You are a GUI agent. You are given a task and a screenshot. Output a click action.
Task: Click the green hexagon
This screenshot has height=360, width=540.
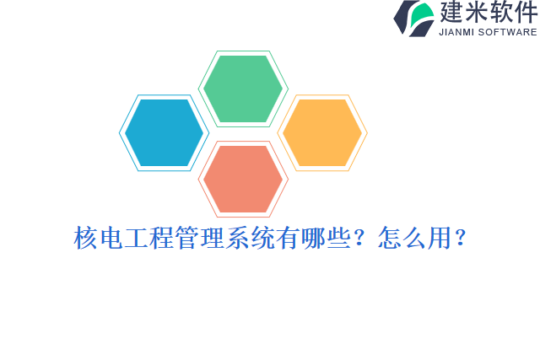243,89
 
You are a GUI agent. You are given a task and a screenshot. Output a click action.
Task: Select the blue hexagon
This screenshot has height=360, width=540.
164,132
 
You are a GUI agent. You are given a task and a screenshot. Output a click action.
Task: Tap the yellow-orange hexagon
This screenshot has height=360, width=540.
322,132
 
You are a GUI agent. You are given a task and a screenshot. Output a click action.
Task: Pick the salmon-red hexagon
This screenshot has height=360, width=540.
243,179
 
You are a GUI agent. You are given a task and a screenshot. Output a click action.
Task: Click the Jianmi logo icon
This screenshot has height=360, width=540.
414,19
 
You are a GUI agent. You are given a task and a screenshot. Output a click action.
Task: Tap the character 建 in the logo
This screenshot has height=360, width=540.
454,13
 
